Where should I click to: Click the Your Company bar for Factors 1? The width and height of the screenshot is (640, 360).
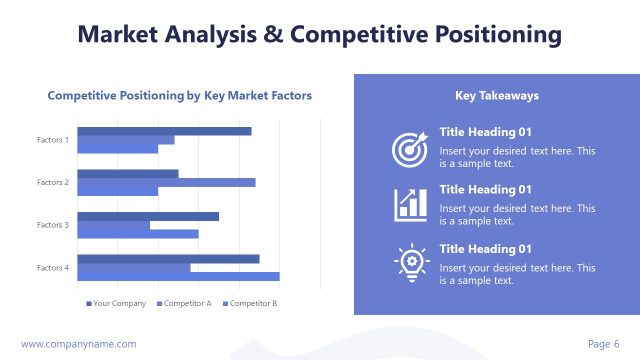click(x=164, y=131)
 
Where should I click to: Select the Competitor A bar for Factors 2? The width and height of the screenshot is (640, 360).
click(x=166, y=182)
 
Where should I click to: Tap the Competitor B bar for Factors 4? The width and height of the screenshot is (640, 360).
click(x=178, y=277)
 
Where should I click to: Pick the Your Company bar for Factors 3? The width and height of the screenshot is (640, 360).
click(x=148, y=216)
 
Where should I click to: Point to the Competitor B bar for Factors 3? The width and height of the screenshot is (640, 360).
click(x=138, y=234)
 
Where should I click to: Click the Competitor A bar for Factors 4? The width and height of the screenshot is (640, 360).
click(x=134, y=268)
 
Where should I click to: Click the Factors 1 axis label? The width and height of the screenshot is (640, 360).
click(x=53, y=140)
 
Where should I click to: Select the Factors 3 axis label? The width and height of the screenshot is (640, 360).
click(x=53, y=225)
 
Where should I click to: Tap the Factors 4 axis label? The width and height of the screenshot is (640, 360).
click(x=53, y=268)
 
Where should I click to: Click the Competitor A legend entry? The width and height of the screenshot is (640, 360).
click(x=184, y=303)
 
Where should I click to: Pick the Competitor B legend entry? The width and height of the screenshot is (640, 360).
click(x=251, y=303)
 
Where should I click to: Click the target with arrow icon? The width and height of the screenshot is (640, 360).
click(x=410, y=149)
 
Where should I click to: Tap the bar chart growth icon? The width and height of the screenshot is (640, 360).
click(x=410, y=204)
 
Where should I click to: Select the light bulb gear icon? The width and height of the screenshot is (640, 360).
click(x=410, y=262)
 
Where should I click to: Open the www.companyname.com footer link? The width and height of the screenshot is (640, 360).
click(x=78, y=344)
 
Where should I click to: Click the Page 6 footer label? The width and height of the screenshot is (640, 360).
click(x=603, y=344)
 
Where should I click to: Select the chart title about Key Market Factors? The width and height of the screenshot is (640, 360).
click(x=180, y=96)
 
